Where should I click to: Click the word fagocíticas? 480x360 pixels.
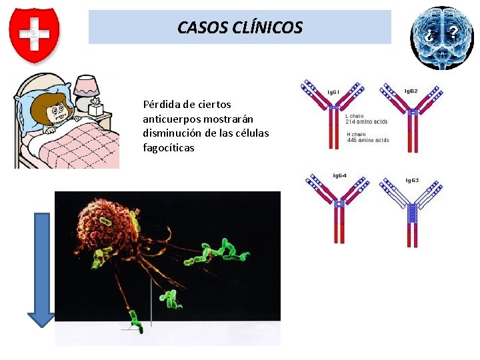tap(168, 147)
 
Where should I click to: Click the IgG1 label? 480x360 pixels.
tap(333, 91)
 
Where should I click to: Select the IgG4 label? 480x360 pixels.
tap(339, 176)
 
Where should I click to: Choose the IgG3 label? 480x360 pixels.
tap(412, 181)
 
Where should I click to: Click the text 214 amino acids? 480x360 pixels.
tap(366, 121)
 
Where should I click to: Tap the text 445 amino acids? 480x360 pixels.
tap(368, 140)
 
